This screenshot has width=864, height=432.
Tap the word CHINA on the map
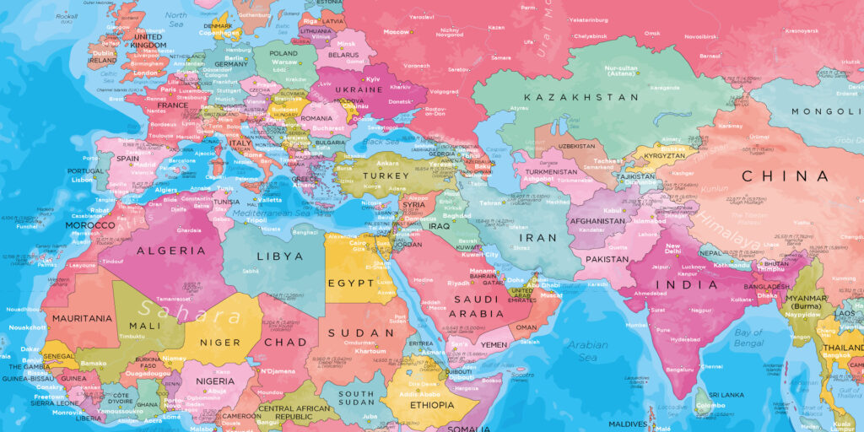[x=785, y=176]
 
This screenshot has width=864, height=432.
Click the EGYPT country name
[x=350, y=283]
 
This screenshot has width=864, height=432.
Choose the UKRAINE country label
[x=359, y=89]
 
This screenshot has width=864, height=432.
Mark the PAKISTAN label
[x=607, y=259]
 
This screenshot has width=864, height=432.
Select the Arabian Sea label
[x=586, y=351]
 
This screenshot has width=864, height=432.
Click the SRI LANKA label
[x=725, y=395]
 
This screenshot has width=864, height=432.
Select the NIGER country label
[x=220, y=343]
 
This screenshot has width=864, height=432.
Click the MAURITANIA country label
[x=82, y=318]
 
